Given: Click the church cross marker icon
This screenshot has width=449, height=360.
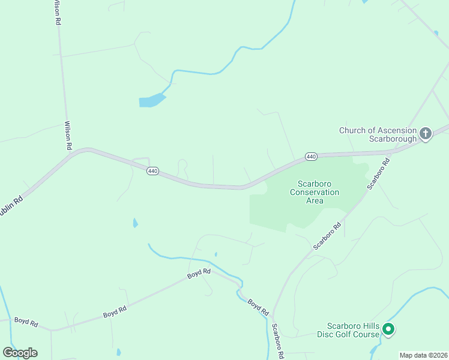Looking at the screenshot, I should click(426, 133).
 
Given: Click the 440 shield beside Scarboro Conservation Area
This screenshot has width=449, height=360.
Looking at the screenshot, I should click(310, 157).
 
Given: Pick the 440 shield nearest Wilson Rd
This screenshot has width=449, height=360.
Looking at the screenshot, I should click(152, 171).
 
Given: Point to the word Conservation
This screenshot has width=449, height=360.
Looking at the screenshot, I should click(315, 192).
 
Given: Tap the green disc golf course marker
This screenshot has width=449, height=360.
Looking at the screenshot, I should click(388, 329).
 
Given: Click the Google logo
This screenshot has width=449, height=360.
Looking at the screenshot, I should click(20, 353).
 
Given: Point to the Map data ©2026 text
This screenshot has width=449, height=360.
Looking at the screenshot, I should click(424, 355).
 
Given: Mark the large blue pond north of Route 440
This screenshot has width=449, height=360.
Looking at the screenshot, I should click(151, 100).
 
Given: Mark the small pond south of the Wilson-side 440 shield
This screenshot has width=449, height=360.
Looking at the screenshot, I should click(135, 224).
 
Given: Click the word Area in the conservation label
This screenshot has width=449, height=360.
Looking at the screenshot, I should click(315, 200).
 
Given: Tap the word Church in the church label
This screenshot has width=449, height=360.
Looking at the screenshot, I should click(352, 130).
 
